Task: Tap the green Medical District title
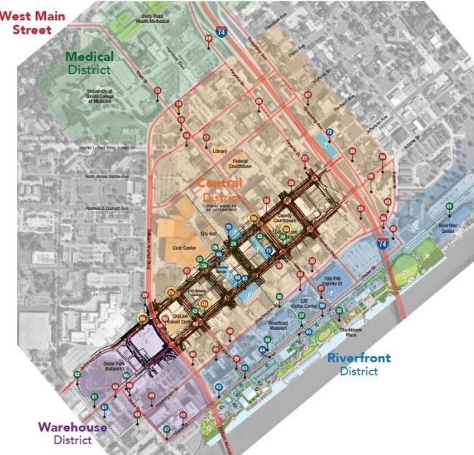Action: click(x=89, y=63)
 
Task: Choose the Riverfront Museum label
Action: click(x=279, y=325)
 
